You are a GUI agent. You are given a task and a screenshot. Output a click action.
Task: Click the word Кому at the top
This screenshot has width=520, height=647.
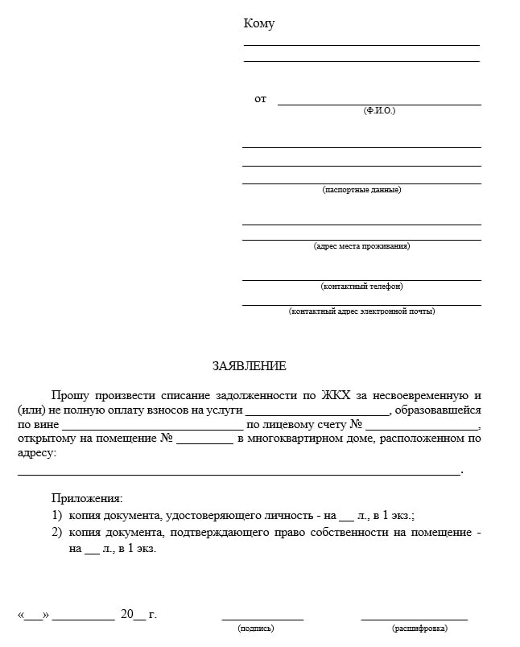tap(258, 24)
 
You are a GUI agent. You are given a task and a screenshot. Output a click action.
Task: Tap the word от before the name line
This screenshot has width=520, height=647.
tap(260, 99)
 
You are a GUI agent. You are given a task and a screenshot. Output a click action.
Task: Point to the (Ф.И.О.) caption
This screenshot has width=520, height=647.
tap(379, 110)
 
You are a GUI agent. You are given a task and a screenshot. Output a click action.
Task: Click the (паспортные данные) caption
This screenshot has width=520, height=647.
tap(361, 190)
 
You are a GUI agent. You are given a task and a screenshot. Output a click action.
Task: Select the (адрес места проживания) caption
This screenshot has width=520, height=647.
tap(361, 246)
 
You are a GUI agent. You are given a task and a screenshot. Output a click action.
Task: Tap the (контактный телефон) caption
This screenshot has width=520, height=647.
tap(361, 286)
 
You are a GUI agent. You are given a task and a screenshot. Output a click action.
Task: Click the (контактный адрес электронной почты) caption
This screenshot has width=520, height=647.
tap(361, 311)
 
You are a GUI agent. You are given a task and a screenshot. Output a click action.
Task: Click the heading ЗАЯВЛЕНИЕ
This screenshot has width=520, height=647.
tap(249, 366)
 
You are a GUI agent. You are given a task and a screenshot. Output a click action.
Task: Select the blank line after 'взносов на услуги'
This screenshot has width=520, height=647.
tap(318, 411)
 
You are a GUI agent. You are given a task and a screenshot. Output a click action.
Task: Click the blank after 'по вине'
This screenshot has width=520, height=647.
tap(152, 426)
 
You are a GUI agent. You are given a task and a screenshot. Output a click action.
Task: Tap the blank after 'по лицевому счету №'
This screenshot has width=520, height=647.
tap(422, 426)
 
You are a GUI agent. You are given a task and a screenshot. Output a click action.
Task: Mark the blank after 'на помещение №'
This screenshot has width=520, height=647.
tap(204, 440)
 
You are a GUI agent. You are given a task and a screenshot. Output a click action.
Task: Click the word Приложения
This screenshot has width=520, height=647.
tap(87, 499)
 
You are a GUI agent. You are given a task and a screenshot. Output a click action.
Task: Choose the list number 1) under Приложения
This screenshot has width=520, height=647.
tap(56, 515)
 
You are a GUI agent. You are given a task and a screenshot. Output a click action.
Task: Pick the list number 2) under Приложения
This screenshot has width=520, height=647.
tap(56, 533)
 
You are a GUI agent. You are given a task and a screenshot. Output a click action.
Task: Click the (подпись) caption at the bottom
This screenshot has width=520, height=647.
tap(256, 628)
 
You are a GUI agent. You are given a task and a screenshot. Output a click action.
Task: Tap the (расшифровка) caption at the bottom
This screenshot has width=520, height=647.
tap(414, 628)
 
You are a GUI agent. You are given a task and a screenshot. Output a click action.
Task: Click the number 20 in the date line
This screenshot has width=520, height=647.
tap(127, 615)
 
